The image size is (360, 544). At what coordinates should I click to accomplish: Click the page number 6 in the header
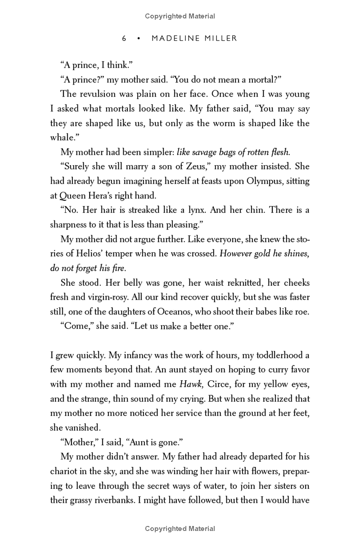(124, 39)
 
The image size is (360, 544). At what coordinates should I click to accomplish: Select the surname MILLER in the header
(220, 39)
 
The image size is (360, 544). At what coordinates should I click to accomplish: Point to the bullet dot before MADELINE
(139, 39)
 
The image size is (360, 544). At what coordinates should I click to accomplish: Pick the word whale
(62, 138)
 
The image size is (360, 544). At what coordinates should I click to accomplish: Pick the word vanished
(68, 427)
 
